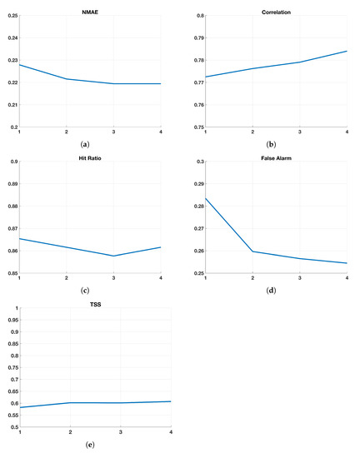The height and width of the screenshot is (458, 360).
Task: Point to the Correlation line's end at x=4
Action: tap(347, 51)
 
